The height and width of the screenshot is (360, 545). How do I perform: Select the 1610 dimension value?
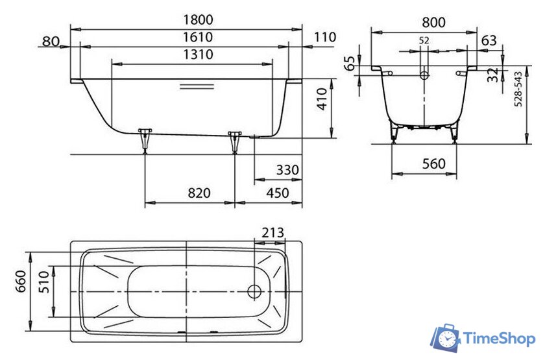coord(187,38)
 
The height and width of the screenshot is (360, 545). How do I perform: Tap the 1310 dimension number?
coord(193,54)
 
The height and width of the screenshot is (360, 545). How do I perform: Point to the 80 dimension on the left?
coord(50,42)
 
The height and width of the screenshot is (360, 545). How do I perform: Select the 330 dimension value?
coord(285,170)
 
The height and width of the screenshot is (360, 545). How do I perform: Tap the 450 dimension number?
coord(277,193)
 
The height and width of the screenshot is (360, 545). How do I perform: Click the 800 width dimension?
coord(433,21)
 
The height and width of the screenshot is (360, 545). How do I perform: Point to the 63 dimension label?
coord(489,41)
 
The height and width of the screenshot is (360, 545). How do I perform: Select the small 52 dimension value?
coord(424,40)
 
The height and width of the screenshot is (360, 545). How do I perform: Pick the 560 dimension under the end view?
coord(433,164)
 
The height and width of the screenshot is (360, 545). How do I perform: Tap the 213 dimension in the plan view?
coord(272,233)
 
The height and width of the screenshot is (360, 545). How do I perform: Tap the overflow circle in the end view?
coord(424,75)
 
